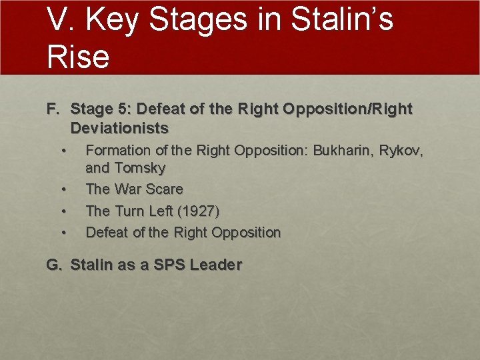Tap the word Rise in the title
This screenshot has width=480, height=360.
[x=78, y=56]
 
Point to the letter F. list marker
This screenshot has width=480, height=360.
[x=53, y=109]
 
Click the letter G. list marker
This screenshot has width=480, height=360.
[x=54, y=265]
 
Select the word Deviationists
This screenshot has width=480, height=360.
[x=119, y=127]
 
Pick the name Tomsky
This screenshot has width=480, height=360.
[x=140, y=168]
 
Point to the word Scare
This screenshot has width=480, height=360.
[x=165, y=189]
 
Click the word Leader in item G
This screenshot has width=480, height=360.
[x=215, y=265]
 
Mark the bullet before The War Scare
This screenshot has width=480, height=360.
[x=63, y=190]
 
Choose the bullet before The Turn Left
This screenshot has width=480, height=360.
[x=63, y=211]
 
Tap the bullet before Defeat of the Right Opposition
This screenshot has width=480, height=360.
[x=63, y=233]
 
